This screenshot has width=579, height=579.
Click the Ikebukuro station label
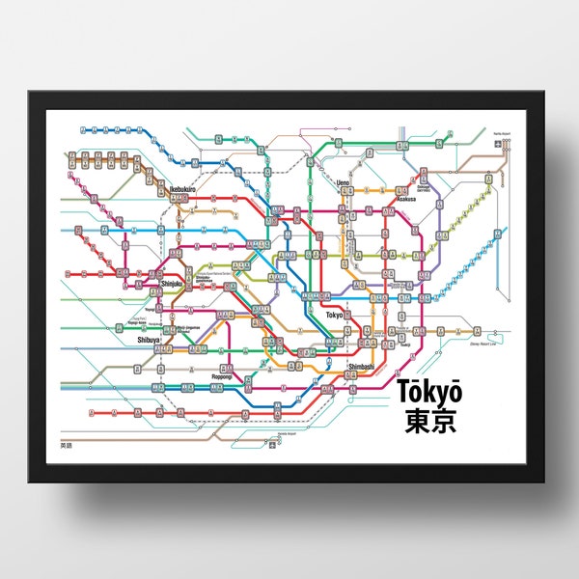(x=183, y=188)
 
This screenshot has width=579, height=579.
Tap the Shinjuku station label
(x=172, y=284)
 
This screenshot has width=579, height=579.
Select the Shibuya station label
(x=149, y=340)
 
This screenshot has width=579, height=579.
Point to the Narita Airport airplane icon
(x=498, y=144)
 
